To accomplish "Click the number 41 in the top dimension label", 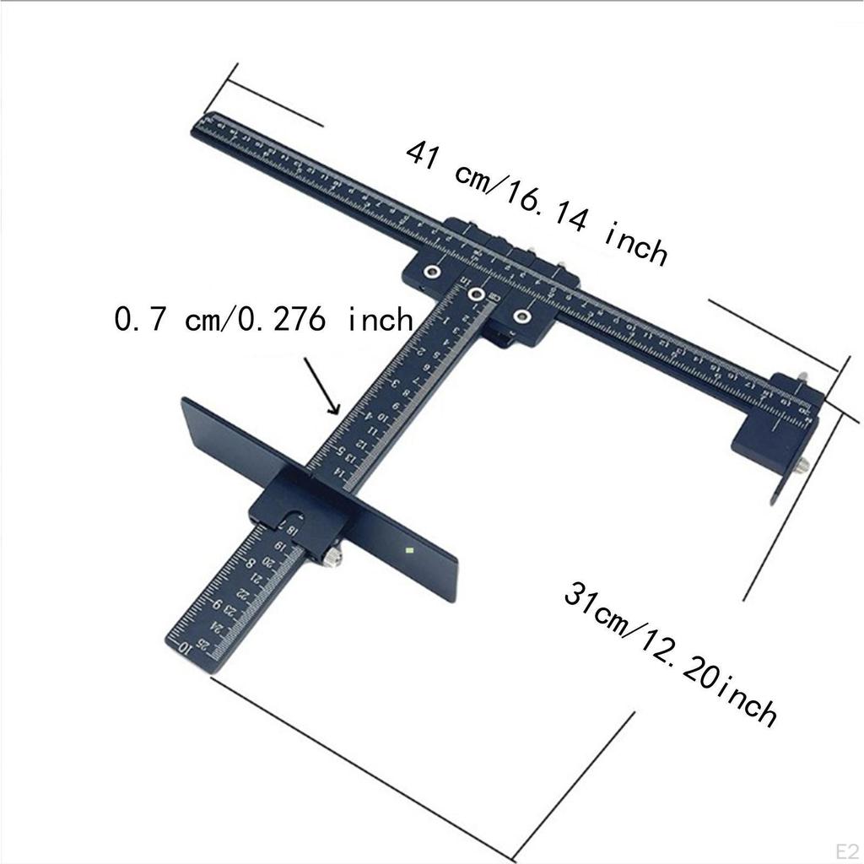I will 425,156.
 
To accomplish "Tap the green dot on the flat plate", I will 408,551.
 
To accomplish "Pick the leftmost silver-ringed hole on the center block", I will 432,271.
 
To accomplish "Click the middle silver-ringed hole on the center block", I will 478,294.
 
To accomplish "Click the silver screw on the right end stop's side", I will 802,465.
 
